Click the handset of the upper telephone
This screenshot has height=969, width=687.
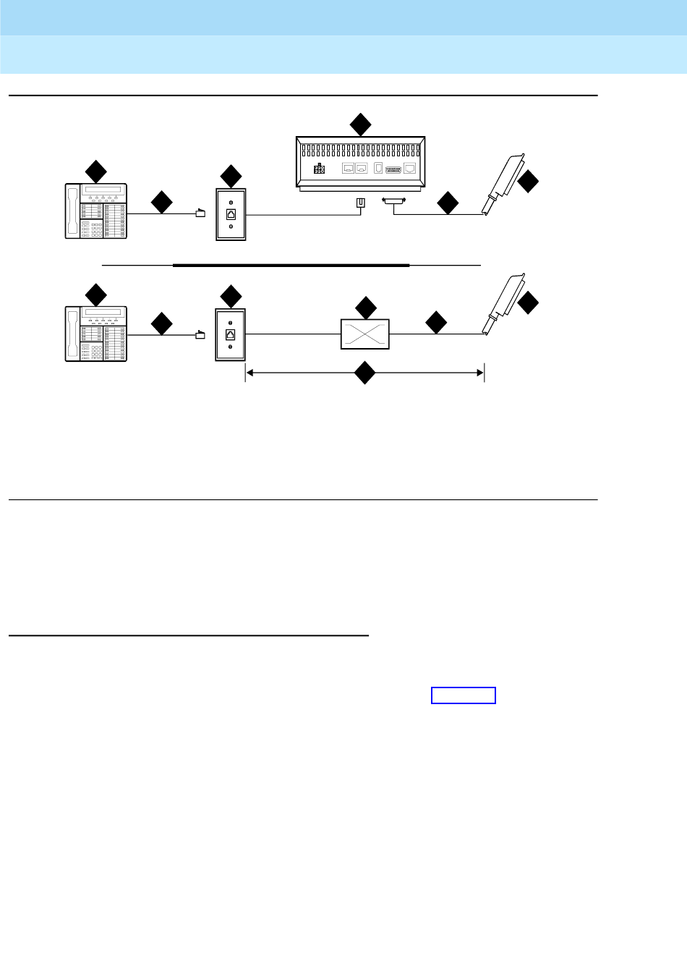72,211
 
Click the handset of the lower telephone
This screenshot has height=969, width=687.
72,334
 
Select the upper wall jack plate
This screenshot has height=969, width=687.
231,214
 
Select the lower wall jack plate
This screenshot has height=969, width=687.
231,335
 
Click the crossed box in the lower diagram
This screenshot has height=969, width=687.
365,334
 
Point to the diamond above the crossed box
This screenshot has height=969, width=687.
366,308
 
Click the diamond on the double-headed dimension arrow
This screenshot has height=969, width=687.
364,373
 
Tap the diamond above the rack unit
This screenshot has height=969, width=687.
360,124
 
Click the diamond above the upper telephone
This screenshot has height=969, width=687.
95,172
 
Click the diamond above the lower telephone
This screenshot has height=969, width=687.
95,295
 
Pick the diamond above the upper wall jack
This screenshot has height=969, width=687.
231,176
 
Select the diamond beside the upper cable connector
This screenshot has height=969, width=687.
528,181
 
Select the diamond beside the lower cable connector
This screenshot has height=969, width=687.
528,302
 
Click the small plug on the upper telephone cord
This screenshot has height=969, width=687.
201,213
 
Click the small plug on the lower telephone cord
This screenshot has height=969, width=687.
201,334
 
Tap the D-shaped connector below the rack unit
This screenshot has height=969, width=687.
394,203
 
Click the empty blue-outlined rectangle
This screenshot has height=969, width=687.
464,695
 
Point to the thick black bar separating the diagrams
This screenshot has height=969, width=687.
291,266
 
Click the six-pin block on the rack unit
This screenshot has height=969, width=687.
319,169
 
